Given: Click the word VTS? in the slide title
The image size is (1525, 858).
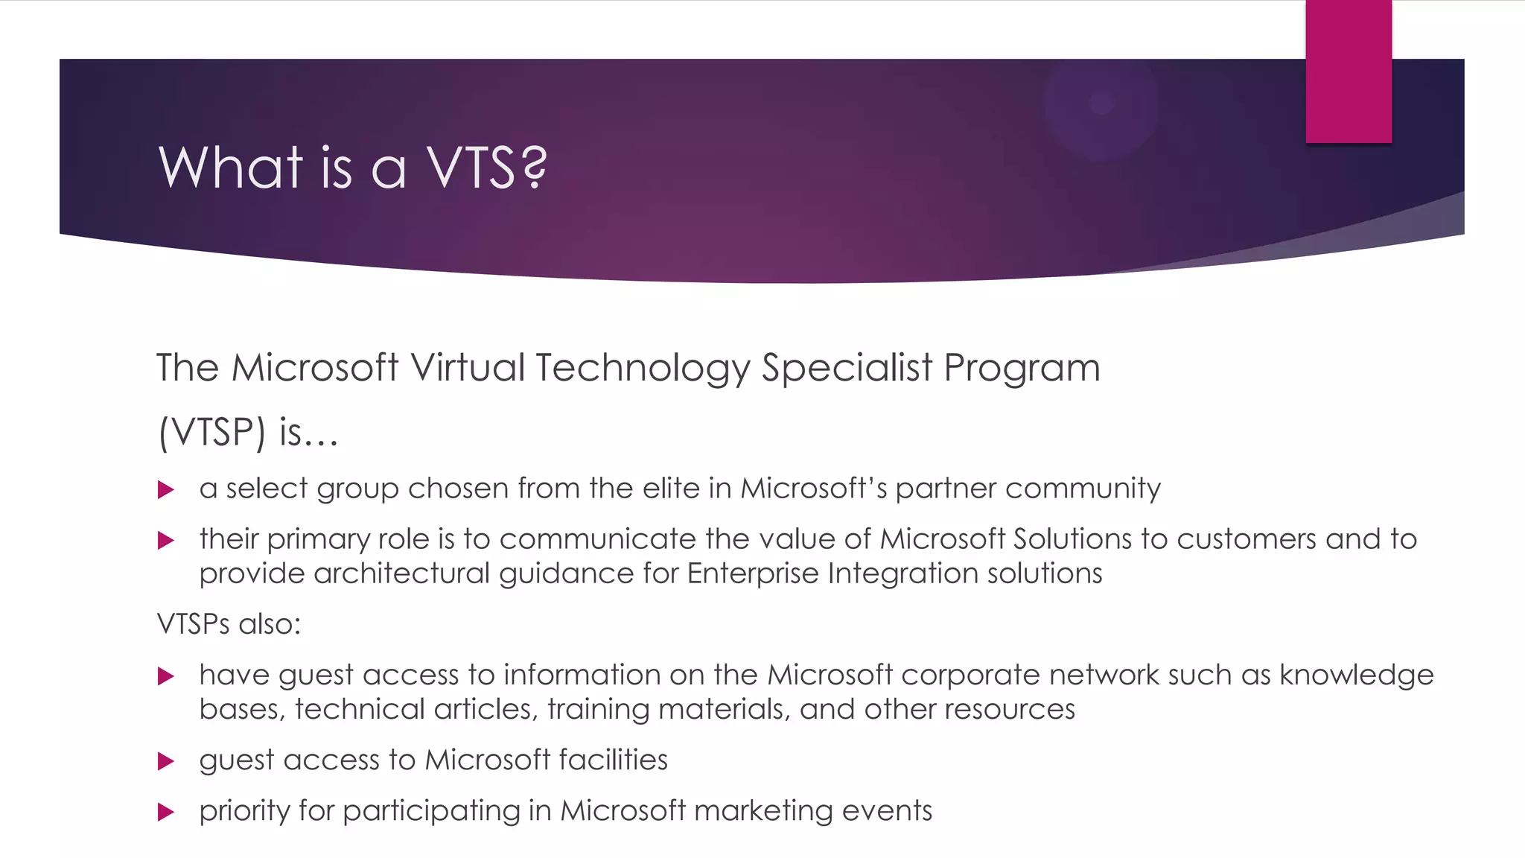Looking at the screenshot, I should (486, 167).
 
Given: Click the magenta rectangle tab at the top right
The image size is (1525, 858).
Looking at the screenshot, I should (1348, 71).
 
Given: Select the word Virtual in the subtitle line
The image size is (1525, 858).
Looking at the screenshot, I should (468, 368).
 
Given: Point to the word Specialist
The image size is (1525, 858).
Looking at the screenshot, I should (847, 368).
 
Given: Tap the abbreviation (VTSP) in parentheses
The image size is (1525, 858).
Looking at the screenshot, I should (211, 432).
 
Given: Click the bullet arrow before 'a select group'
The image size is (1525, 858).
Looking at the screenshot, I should (166, 490).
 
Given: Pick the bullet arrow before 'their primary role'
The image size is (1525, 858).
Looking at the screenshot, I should (166, 541).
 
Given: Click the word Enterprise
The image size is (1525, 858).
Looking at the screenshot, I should (752, 574).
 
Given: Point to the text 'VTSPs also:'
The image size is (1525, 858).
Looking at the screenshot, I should (229, 624).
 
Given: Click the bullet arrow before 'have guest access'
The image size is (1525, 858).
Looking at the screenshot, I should (166, 676).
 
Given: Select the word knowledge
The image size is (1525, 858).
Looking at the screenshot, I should (1356, 676).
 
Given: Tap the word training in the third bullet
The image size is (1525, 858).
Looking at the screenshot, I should (598, 710).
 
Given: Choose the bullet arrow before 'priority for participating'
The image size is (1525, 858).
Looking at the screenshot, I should (166, 812).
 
